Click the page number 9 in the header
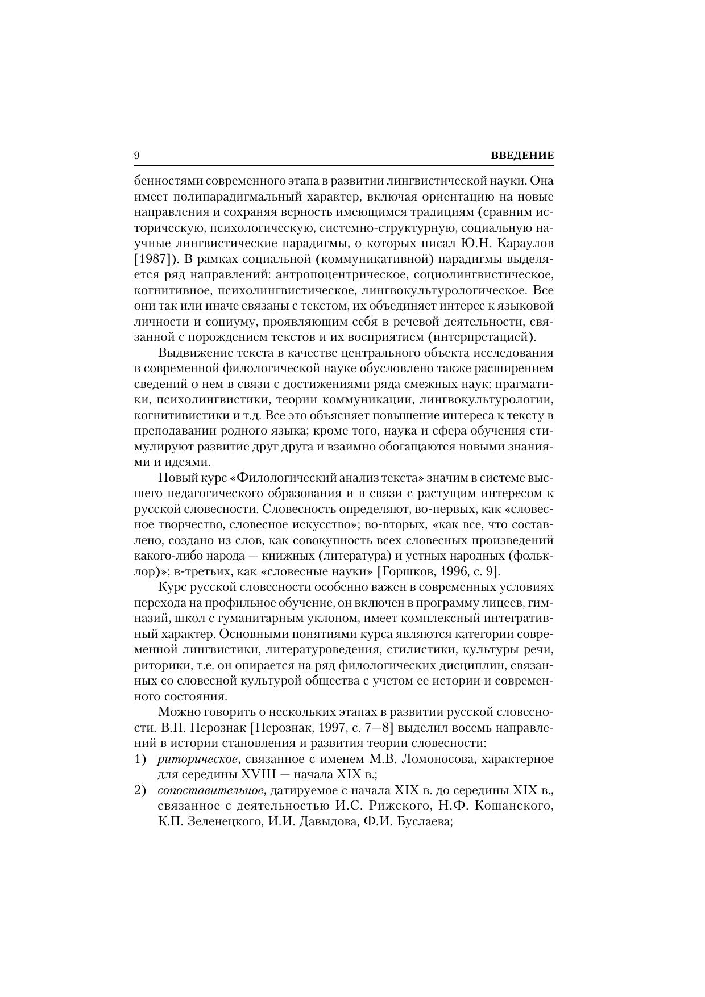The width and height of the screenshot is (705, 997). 137,156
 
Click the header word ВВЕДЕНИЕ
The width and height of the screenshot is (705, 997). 521,156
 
